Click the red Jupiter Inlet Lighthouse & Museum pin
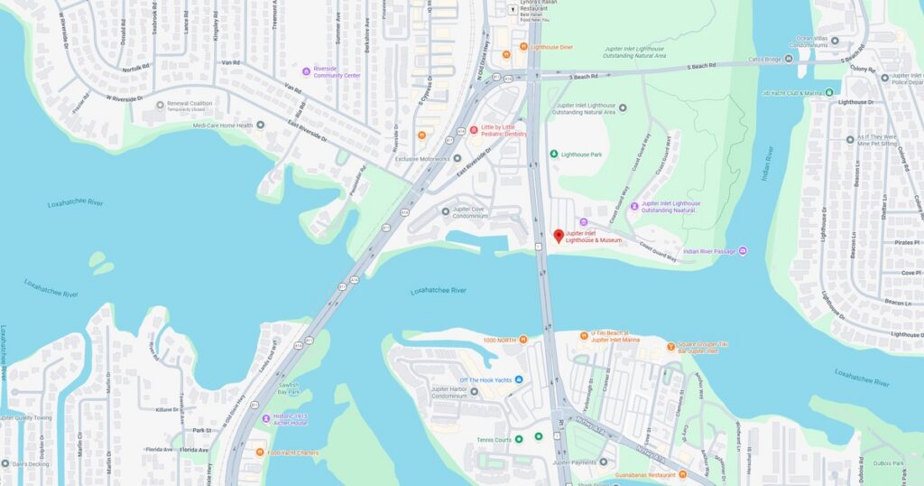pyautogui.click(x=559, y=236)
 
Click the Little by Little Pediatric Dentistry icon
pyautogui.click(x=474, y=129)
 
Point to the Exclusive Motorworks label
pyautogui.click(x=422, y=159)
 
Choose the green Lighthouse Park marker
pyautogui.click(x=554, y=154)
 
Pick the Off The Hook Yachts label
pyautogui.click(x=485, y=379)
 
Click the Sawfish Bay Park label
pyautogui.click(x=288, y=388)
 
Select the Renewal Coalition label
pyautogui.click(x=190, y=104)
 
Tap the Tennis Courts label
pyautogui.click(x=494, y=439)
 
